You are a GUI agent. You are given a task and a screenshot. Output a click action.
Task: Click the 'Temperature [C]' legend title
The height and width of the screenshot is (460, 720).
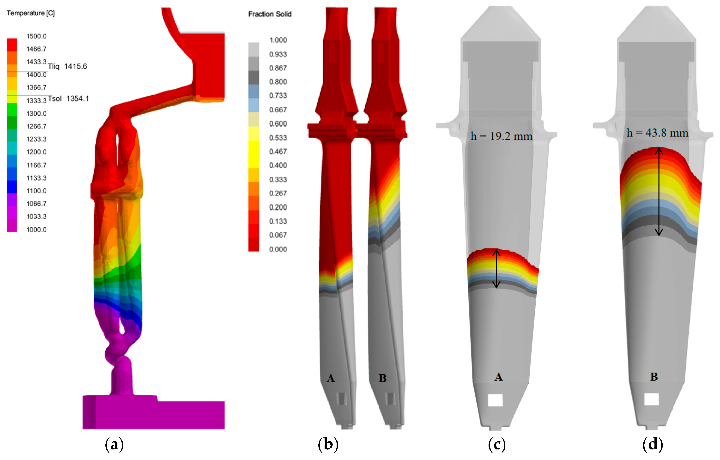point(30,13)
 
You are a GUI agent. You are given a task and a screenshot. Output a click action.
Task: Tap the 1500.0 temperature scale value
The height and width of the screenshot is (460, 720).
point(36,36)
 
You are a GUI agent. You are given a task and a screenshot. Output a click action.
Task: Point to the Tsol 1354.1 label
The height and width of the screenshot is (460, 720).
point(68,98)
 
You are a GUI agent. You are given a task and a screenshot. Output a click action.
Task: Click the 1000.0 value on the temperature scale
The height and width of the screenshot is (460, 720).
point(36,230)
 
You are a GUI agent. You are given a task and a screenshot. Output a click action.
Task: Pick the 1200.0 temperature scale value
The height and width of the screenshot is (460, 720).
point(36,152)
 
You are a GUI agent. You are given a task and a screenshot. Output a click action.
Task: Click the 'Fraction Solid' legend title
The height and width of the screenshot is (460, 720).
point(270,14)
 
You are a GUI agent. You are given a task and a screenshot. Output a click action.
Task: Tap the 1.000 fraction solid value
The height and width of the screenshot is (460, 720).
point(278,40)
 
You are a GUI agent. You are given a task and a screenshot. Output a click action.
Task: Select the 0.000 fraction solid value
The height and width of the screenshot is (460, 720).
point(278,249)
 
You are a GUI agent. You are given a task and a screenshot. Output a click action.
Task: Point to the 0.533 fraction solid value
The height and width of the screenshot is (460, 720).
point(278,138)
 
